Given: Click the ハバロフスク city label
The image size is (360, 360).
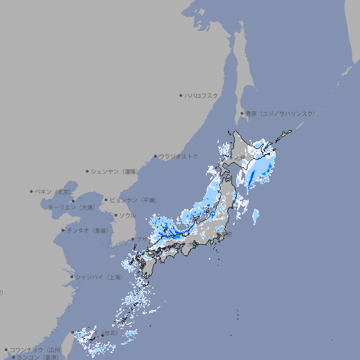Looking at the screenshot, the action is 202,95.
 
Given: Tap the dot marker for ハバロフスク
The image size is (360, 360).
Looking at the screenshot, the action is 181,95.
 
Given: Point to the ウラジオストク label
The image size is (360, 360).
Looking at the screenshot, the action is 179,156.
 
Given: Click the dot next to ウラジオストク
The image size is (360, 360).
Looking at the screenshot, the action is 155,157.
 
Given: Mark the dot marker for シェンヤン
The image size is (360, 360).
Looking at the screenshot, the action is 88,171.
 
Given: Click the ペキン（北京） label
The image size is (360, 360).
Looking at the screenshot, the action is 53,191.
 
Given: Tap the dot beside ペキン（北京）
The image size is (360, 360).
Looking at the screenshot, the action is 32,191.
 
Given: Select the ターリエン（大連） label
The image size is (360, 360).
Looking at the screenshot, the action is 70,207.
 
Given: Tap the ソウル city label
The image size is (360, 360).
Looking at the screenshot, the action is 128,215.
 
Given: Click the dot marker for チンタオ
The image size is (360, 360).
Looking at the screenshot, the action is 63,230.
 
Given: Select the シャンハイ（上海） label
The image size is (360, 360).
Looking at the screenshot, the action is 98,277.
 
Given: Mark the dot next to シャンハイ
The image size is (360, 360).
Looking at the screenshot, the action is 72,277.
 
